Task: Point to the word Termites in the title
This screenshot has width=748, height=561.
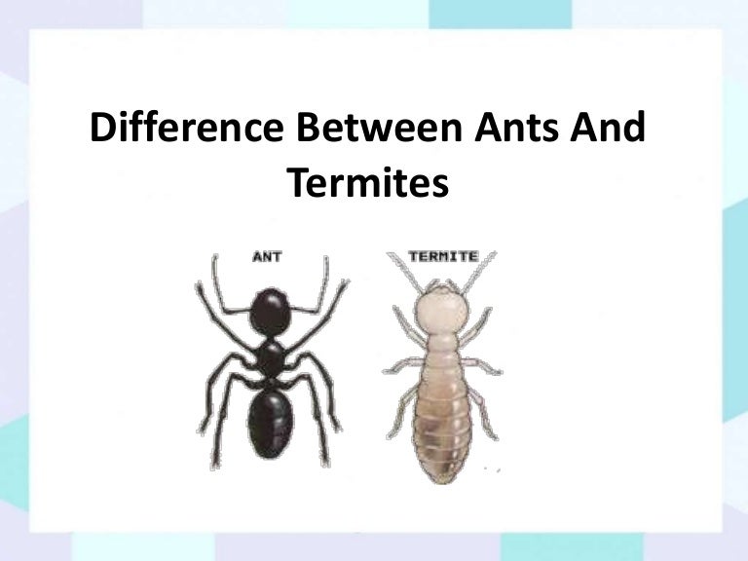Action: pyautogui.click(x=369, y=181)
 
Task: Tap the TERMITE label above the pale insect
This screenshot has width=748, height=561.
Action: pyautogui.click(x=442, y=257)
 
